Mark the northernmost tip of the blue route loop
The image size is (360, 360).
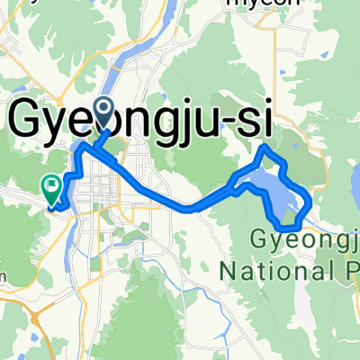(x=263, y=146)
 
